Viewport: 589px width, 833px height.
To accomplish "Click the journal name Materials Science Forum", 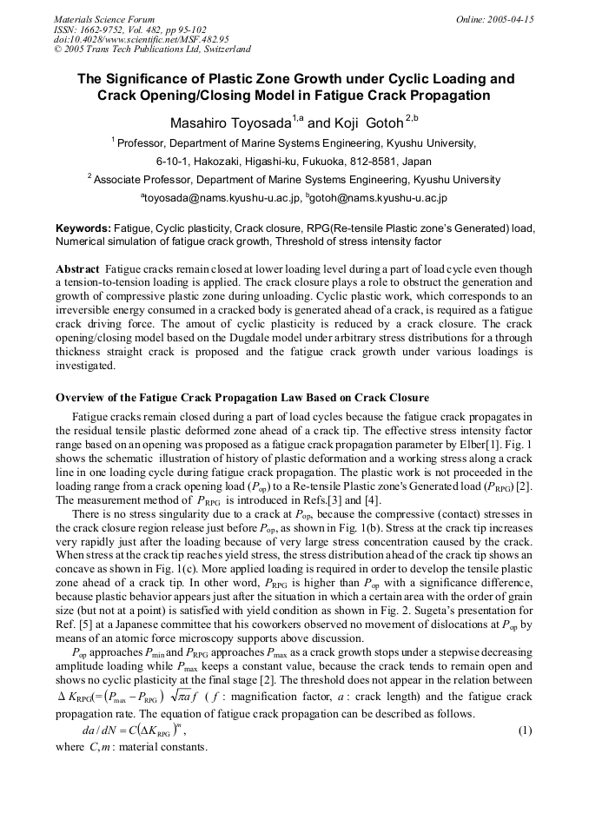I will pyautogui.click(x=104, y=18).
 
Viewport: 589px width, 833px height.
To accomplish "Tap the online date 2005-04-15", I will pyautogui.click(x=510, y=18).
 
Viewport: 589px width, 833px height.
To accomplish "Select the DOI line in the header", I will pyautogui.click(x=141, y=39).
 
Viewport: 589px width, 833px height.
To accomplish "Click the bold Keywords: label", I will pyautogui.click(x=83, y=227).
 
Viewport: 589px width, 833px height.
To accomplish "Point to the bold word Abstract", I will pyautogui.click(x=77, y=269).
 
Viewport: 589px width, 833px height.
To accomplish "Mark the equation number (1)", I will pyautogui.click(x=525, y=731).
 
